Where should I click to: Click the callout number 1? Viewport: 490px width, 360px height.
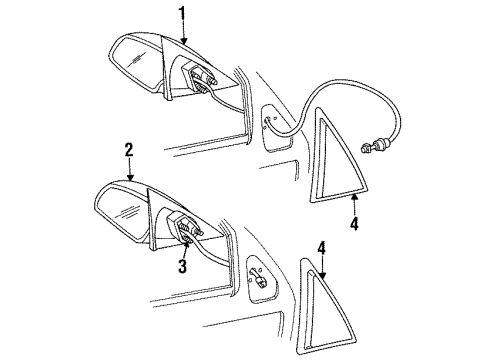182,13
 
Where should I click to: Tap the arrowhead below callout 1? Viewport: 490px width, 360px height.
182,39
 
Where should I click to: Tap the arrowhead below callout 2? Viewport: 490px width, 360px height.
129,178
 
